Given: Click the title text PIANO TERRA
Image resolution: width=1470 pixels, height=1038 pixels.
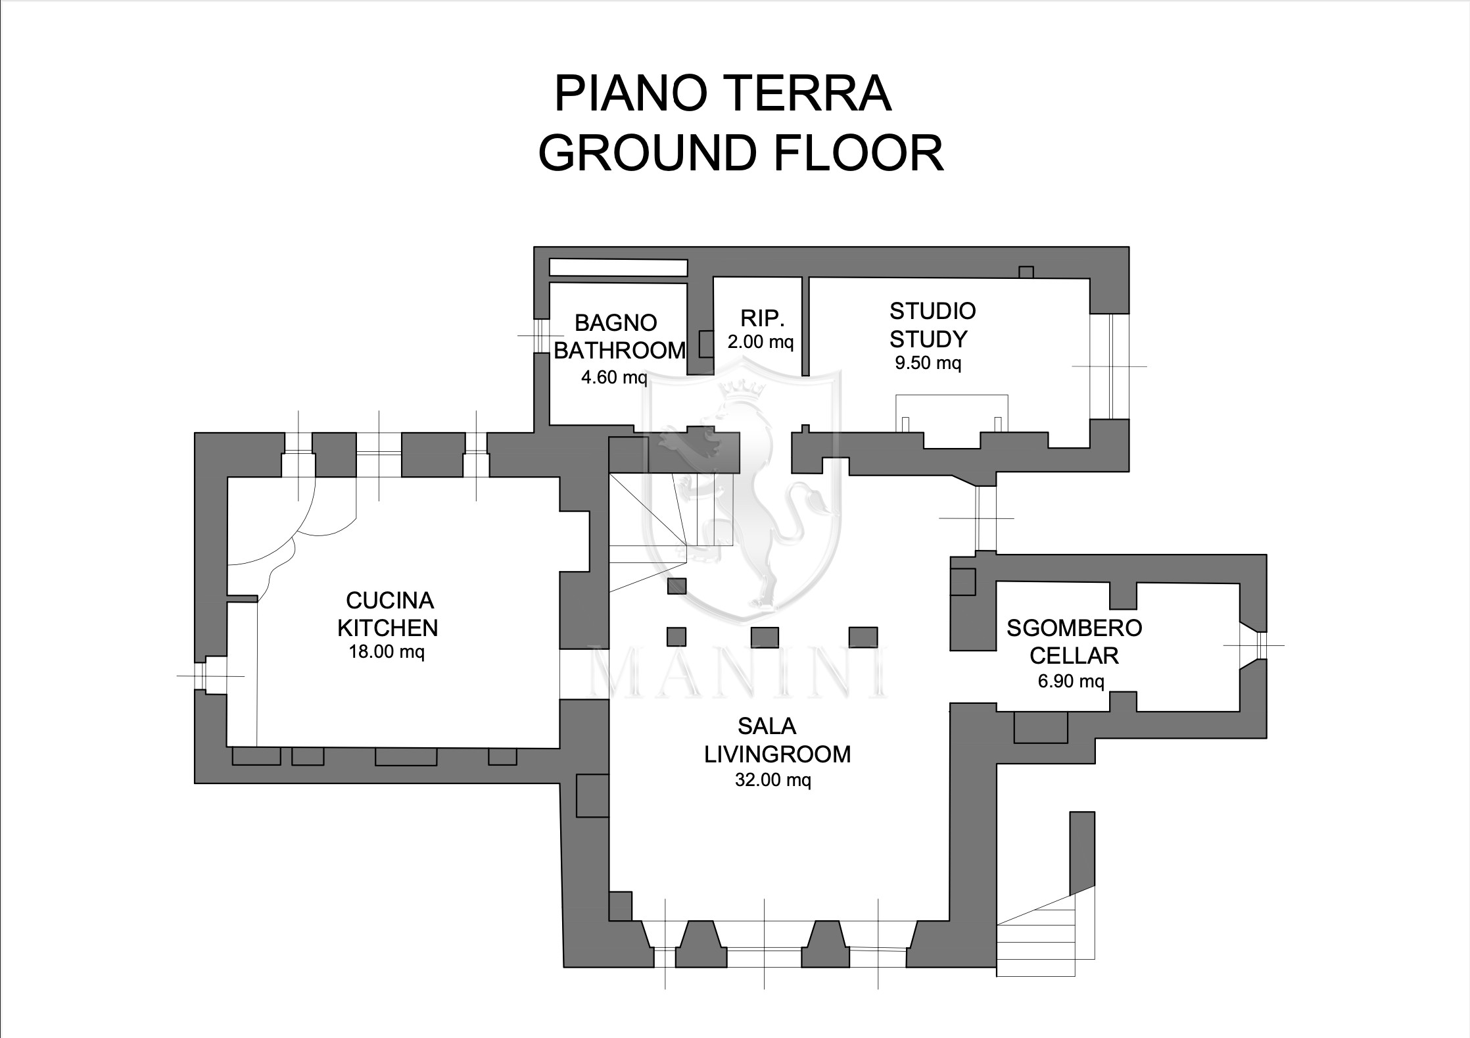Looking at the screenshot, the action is pos(723,95).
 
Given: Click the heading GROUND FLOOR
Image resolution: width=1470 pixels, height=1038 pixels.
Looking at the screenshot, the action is pos(741,153).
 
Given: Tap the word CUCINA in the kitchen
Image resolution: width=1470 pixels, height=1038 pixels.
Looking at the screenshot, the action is pos(390,601).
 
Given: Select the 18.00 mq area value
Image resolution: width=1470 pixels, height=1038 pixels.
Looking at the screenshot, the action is pos(387,653).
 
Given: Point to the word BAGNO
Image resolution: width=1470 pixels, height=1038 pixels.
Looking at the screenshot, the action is pos(616,323).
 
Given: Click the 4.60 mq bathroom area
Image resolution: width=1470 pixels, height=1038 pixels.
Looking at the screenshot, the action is pos(614,378).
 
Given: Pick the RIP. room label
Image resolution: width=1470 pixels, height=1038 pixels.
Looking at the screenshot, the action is pos(763,318).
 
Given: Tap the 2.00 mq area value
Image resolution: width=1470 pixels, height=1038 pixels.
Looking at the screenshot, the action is pos(761,342).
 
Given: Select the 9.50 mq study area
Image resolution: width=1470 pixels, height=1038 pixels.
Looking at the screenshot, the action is pos(928,362).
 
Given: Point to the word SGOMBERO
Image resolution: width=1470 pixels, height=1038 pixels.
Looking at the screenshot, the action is pos(1074,628).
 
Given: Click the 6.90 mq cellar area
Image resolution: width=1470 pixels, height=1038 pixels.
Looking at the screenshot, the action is pos(1071,681).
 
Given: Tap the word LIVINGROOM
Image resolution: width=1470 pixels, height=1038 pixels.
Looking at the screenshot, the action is pos(778,754).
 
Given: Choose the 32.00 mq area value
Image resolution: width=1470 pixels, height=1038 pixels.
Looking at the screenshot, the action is pos(773,780).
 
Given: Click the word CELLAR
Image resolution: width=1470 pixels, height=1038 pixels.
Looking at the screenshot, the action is pos(1074,656).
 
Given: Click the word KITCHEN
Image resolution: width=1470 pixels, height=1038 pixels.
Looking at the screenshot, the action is pos(388,628).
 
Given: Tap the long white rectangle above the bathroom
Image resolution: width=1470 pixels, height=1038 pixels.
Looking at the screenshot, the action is pos(618,268).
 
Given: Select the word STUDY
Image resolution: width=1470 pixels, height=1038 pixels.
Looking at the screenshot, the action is pos(928,339).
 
